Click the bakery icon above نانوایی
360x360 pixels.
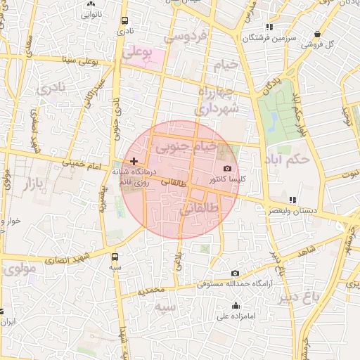(x=91, y=3)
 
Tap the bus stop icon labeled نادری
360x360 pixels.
(x=124, y=21)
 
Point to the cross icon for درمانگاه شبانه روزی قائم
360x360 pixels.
(x=134, y=161)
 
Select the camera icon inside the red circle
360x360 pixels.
(x=227, y=169)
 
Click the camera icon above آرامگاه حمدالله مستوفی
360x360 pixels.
(x=235, y=273)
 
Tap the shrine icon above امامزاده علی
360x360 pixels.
(x=236, y=305)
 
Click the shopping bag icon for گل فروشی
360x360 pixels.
(x=318, y=34)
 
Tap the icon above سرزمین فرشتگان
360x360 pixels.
(x=269, y=27)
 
